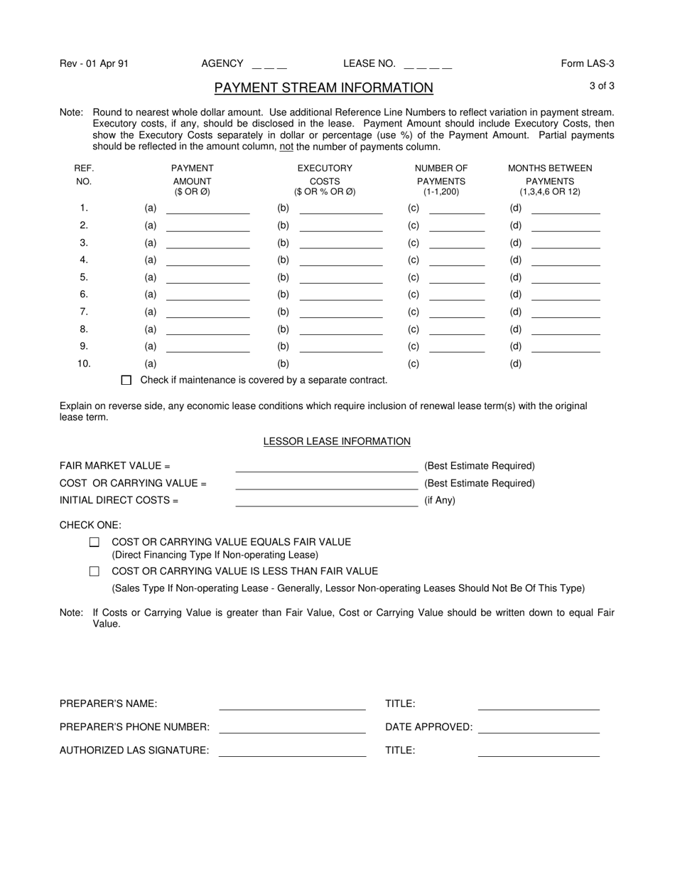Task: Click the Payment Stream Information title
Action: point(323,87)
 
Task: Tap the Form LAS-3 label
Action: point(588,63)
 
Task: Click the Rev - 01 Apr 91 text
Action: point(94,63)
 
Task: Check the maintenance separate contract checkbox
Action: point(126,381)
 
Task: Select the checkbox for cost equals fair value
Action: point(94,542)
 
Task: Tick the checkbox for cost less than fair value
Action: point(94,571)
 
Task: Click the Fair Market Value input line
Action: point(326,467)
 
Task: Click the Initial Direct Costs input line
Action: point(326,501)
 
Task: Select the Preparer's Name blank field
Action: point(292,704)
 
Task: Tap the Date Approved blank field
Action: point(539,727)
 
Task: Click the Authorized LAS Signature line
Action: point(292,751)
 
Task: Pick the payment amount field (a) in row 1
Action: point(207,208)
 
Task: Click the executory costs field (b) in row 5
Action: point(341,277)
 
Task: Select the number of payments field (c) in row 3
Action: point(457,243)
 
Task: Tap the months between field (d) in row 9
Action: point(566,346)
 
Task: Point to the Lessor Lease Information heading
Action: point(337,442)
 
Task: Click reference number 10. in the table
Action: point(84,364)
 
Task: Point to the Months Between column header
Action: point(549,169)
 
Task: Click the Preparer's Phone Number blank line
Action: point(292,727)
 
